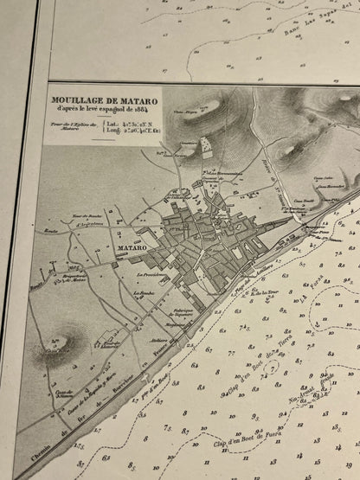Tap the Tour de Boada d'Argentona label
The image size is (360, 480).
click(x=85, y=216)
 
